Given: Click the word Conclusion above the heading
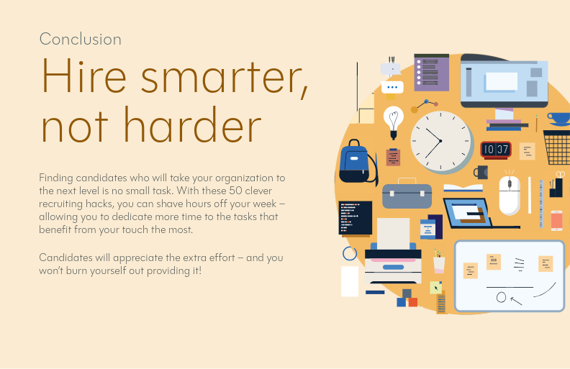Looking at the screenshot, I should pyautogui.click(x=80, y=39).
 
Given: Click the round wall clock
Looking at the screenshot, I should pyautogui.click(x=441, y=140).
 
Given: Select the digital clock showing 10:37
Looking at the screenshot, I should pyautogui.click(x=495, y=150).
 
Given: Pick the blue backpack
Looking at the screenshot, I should pyautogui.click(x=355, y=162).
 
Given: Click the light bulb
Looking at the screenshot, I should pyautogui.click(x=393, y=120).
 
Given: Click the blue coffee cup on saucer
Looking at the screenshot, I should pyautogui.click(x=558, y=118).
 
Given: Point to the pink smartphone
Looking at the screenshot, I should pyautogui.click(x=556, y=220).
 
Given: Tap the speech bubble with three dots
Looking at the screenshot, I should pyautogui.click(x=392, y=88).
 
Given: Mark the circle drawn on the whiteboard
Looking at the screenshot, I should pyautogui.click(x=501, y=297).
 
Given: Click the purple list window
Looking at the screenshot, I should pyautogui.click(x=431, y=73).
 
